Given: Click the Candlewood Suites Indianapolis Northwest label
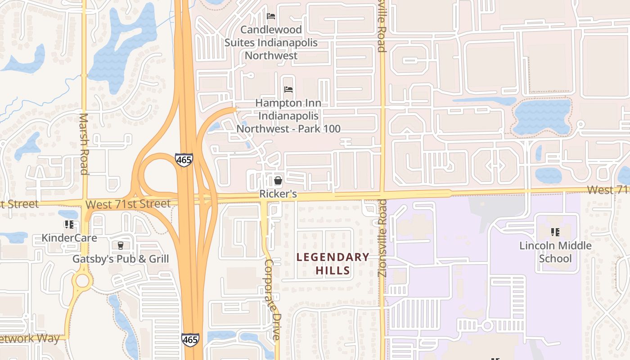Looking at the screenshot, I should [x=271, y=43].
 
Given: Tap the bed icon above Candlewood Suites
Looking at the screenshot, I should [x=271, y=16].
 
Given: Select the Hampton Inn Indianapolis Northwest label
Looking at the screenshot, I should [x=288, y=116].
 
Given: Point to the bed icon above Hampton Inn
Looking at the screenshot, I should [x=288, y=90].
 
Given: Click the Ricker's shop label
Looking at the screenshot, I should [x=278, y=194].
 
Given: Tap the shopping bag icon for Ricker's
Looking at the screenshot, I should [x=278, y=181].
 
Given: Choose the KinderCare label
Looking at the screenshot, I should [x=69, y=237].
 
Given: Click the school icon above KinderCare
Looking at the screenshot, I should [x=69, y=224].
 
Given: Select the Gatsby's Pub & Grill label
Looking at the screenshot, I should [x=121, y=259].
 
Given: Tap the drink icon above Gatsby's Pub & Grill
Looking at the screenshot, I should [x=120, y=245].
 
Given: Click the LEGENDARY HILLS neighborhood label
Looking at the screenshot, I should [x=333, y=264].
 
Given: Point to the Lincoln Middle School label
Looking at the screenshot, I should [x=555, y=252].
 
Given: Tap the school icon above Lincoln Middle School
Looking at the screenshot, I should [x=555, y=232].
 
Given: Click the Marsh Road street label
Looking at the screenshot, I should [x=84, y=144].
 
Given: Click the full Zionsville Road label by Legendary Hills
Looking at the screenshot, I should [x=382, y=238].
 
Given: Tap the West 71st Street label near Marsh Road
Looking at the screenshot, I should [x=128, y=204].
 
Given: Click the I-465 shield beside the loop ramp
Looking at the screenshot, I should [x=184, y=160].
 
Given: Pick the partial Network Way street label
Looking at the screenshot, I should [x=30, y=338].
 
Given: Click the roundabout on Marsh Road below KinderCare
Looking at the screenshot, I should [x=82, y=281].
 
